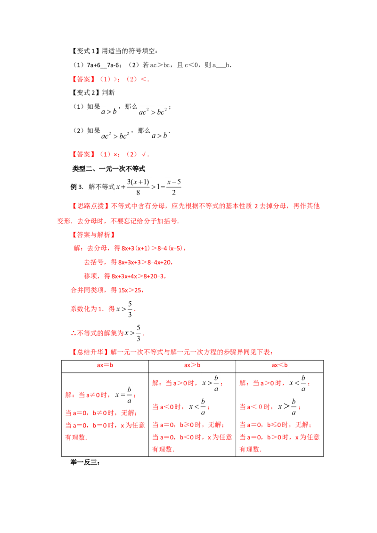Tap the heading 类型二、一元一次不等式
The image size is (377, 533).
108,169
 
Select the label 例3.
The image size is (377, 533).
76,186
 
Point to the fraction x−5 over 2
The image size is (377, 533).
173,187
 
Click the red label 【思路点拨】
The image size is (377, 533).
90,206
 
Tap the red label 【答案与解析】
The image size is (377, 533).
93,234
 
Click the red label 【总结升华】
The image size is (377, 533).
90,352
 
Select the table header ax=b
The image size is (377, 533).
105,365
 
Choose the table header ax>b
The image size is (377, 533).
192,365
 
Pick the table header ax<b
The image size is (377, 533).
280,365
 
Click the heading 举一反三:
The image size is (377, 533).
85,462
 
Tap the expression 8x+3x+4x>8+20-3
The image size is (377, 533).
138,276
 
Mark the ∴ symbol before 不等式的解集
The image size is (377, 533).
73,333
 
